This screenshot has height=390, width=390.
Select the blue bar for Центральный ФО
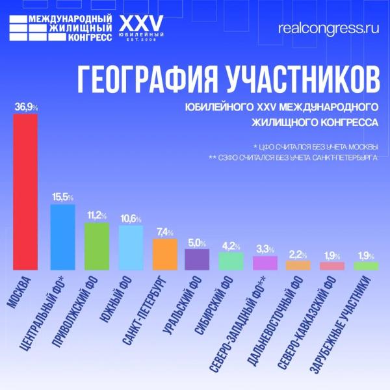point(62,237)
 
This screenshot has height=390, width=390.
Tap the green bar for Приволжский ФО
point(97,246)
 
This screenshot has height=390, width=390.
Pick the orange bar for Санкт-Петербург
point(164,254)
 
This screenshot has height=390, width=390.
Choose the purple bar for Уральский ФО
point(197,259)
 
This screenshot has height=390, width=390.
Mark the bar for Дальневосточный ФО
point(298,265)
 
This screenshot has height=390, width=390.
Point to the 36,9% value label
point(25,107)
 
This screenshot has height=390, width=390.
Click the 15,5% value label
point(62,197)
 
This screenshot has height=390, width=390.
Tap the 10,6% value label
point(131,219)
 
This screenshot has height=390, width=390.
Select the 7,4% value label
point(164,232)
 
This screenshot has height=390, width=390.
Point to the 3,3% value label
point(264,250)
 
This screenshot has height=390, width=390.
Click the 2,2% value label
point(298,254)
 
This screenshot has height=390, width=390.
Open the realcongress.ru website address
point(328,29)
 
